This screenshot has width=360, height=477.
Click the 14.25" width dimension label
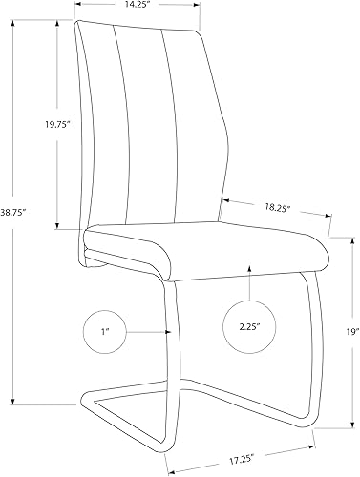[x=139, y=6]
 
